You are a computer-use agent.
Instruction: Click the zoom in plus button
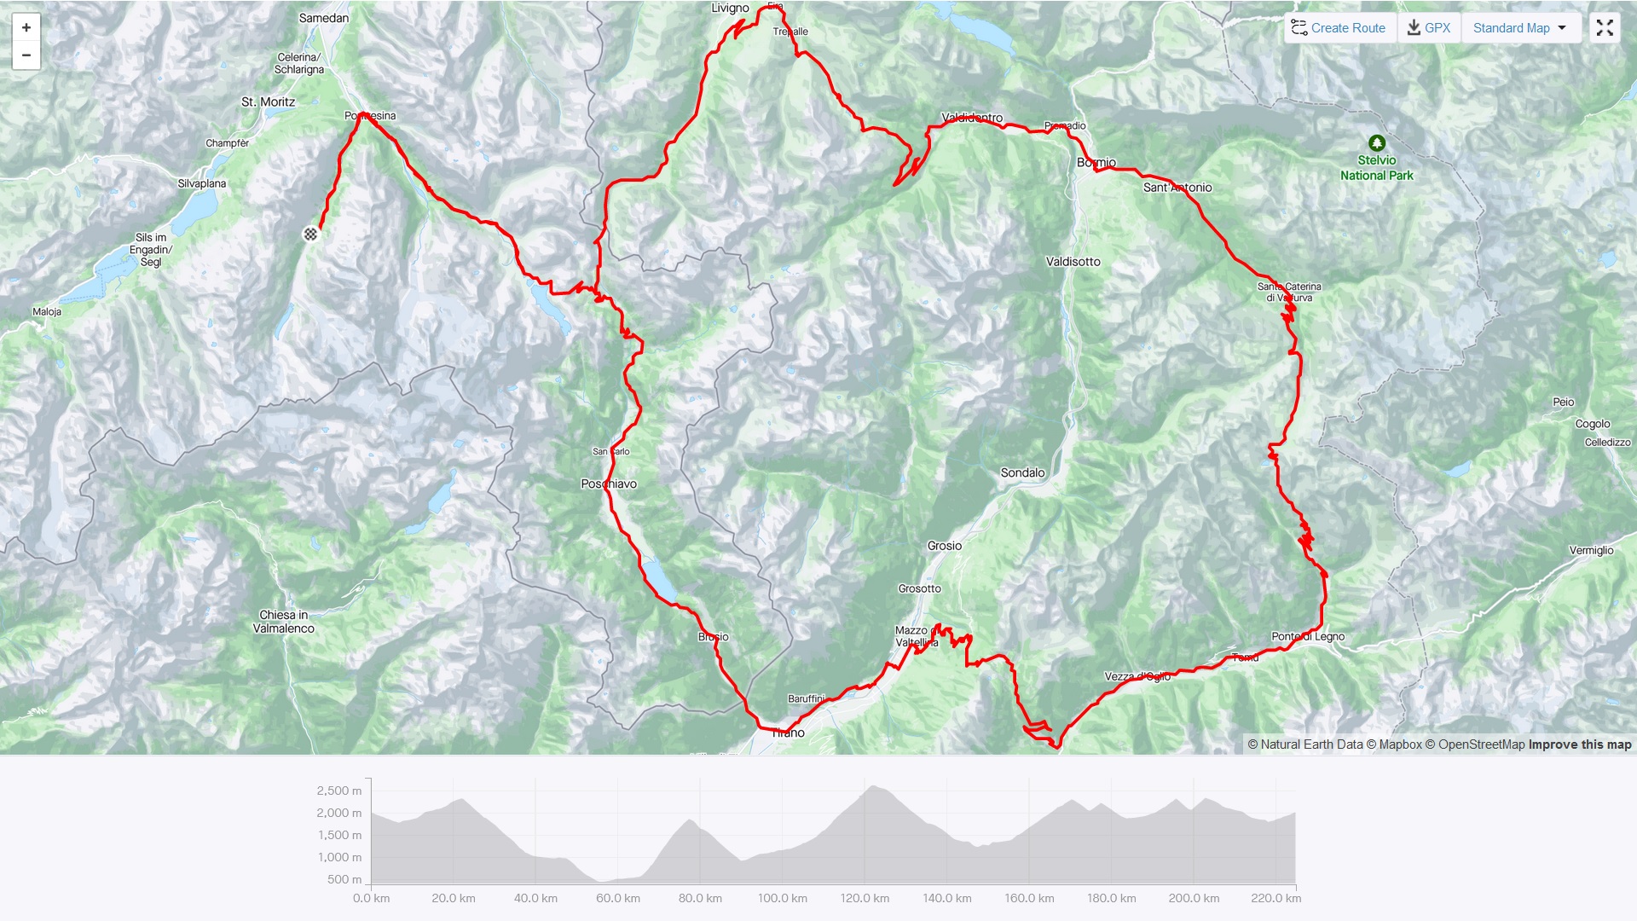(x=26, y=27)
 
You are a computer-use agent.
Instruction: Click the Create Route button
(x=1339, y=28)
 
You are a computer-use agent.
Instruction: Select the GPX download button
(x=1429, y=28)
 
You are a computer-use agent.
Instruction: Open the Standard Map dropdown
(x=1520, y=28)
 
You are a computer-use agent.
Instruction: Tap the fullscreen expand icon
(x=1605, y=28)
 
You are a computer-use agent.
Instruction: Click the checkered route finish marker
(x=311, y=234)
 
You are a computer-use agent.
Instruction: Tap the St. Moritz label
(x=268, y=101)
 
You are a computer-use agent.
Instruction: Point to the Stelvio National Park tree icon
(x=1376, y=143)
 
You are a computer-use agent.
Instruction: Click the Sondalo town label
(x=1022, y=472)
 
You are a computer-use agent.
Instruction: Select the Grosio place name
(x=944, y=546)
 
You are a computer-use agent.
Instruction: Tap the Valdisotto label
(x=1073, y=262)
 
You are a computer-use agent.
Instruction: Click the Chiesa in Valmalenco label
(x=284, y=622)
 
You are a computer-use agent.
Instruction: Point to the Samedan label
(x=323, y=18)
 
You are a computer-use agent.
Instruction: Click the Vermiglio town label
(x=1591, y=550)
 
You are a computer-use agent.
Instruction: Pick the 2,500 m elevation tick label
(x=339, y=791)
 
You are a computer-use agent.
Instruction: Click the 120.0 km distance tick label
(x=865, y=898)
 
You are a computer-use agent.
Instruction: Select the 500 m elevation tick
(x=344, y=879)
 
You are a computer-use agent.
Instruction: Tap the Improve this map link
(x=1579, y=744)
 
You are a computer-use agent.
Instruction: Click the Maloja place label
(x=47, y=311)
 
